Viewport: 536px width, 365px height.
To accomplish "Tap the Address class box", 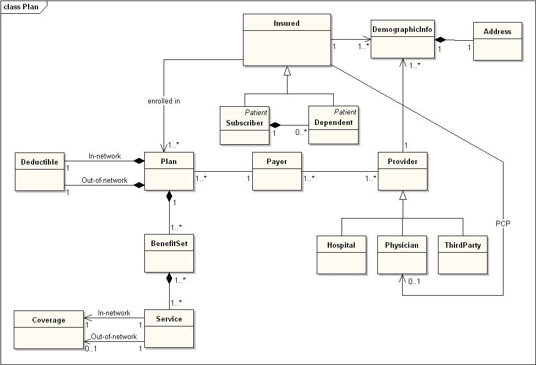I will click(x=497, y=41).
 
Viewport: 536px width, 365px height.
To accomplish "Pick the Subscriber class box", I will click(x=245, y=126).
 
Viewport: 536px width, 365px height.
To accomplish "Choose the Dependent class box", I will click(x=333, y=125).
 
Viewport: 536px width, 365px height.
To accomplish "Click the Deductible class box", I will click(x=40, y=172).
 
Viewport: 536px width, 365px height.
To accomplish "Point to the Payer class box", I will click(x=277, y=171).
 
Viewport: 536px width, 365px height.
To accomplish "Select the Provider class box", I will click(x=403, y=171).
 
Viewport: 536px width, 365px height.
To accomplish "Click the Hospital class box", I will click(x=342, y=254).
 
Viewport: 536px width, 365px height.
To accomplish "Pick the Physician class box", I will click(x=402, y=254).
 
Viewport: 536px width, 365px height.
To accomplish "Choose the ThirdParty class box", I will click(x=463, y=254).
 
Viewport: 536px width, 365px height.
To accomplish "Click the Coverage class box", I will click(x=48, y=330).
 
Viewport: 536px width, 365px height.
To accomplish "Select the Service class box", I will click(x=169, y=329).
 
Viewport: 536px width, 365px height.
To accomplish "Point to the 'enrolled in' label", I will click(x=164, y=101).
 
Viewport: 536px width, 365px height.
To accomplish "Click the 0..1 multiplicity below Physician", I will click(x=414, y=282).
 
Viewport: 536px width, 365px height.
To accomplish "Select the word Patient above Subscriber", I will click(x=257, y=112).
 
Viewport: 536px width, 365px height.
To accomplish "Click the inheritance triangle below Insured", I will click(x=287, y=70).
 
